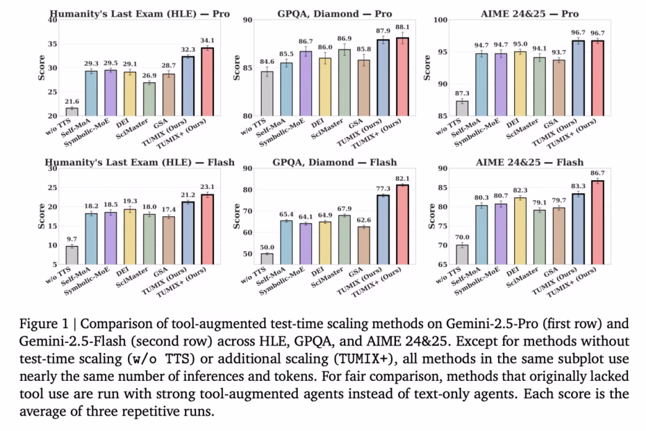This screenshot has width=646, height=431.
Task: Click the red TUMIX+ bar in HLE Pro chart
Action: pos(207,81)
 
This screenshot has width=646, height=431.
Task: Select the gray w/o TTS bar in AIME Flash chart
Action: pos(462,255)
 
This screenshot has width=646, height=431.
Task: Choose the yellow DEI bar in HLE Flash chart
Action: pos(130,236)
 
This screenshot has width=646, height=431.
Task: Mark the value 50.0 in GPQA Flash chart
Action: pos(266,247)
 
